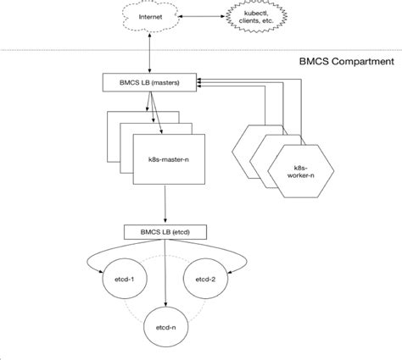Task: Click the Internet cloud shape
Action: click(x=150, y=17)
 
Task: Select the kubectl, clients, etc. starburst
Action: click(x=256, y=16)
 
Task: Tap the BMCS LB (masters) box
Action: click(x=149, y=82)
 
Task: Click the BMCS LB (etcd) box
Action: click(x=165, y=232)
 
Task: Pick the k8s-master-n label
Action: click(x=169, y=159)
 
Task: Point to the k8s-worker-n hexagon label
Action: click(x=301, y=172)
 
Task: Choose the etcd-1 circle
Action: click(x=125, y=279)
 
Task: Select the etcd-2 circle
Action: click(x=205, y=279)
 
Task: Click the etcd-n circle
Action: click(x=166, y=327)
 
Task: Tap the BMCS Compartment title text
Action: click(x=346, y=61)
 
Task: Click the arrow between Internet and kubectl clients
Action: click(x=202, y=16)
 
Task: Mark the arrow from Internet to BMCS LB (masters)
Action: click(x=150, y=53)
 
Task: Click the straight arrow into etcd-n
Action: click(x=165, y=274)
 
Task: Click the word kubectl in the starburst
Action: click(x=256, y=13)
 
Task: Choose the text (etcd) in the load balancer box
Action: click(x=181, y=232)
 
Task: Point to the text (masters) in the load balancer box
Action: click(x=165, y=83)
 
